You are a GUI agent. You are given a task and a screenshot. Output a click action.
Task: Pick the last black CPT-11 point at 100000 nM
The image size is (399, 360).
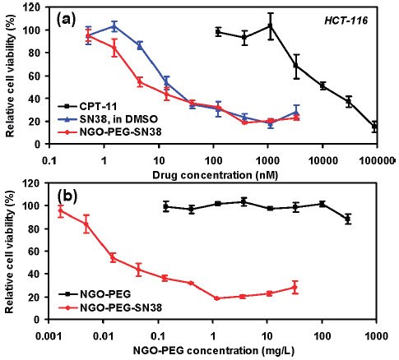click(x=375, y=127)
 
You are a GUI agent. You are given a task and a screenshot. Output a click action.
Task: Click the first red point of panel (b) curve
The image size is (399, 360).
click(x=60, y=211)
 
